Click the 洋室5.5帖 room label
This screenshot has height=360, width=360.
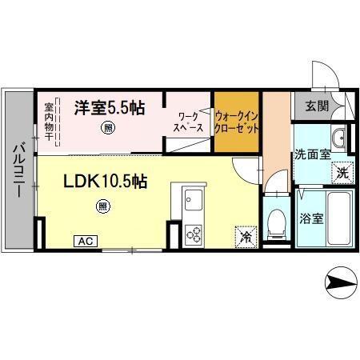[x=110, y=107]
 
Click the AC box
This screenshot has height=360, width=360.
[x=86, y=239]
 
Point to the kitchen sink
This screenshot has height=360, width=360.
[x=194, y=198]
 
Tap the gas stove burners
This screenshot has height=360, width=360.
[x=194, y=233]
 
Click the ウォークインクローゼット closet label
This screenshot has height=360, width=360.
[x=236, y=122]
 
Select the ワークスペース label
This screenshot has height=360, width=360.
[x=190, y=122]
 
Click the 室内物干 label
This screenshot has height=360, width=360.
[x=49, y=121]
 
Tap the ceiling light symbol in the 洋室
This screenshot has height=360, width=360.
[x=106, y=127]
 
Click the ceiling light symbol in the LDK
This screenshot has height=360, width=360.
[x=102, y=206]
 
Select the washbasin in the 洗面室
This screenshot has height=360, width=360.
[x=339, y=138]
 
